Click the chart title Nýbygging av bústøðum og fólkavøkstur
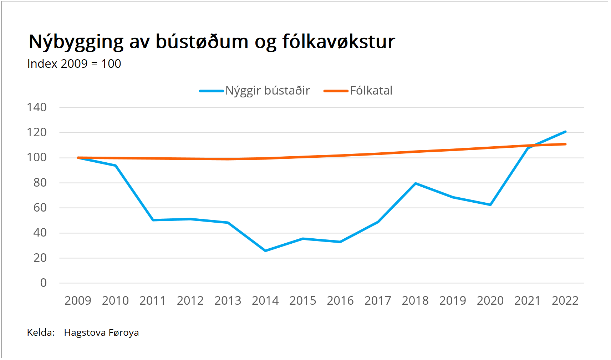point(212,42)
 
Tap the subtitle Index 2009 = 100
point(74,64)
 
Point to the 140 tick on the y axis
point(37,107)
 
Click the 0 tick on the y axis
point(43,283)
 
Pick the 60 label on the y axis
point(40,208)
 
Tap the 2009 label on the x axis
point(78,301)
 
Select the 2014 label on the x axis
point(265,301)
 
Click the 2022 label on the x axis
point(565,301)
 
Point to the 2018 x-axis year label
point(415,301)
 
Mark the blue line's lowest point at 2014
point(265,251)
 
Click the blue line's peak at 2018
point(416,183)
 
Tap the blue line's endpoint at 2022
point(565,132)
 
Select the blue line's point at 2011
point(153,220)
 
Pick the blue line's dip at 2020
point(490,205)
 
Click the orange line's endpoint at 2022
point(565,144)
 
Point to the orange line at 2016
point(340,156)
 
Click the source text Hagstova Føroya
point(101,333)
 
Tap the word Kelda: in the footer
point(41,333)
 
